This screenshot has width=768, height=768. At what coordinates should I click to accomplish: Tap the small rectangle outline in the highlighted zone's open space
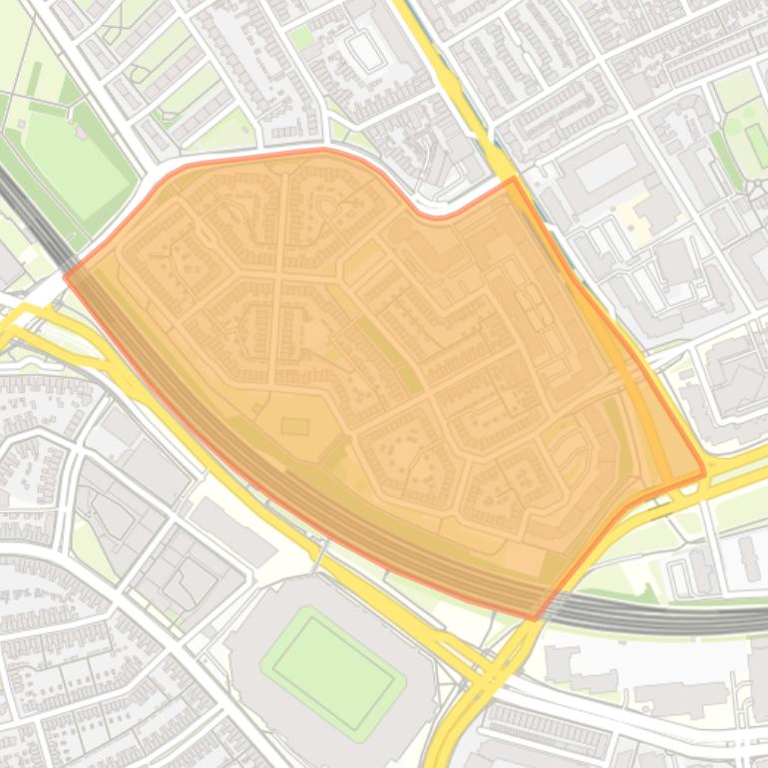(294, 427)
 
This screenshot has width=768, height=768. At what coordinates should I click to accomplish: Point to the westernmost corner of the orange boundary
(66, 276)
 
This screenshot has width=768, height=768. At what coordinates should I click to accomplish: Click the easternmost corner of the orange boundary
(704, 472)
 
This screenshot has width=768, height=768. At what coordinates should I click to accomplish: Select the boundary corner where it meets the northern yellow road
(513, 180)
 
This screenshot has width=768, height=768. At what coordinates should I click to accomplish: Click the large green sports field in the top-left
(75, 160)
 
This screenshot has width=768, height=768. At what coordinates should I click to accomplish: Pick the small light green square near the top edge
(302, 38)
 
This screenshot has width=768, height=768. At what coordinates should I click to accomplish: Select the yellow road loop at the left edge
(20, 319)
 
